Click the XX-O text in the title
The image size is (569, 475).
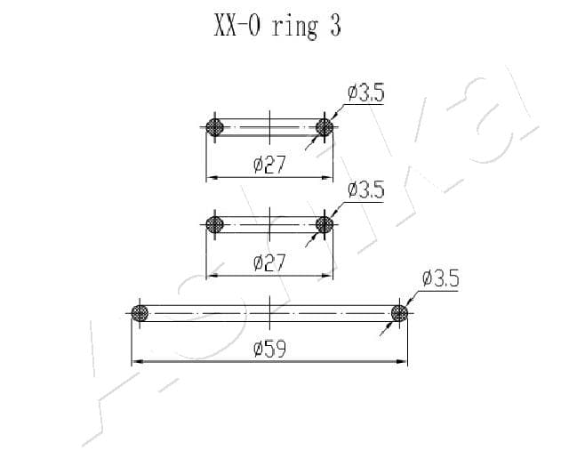[x=237, y=26]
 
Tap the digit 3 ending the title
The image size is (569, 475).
[x=335, y=26]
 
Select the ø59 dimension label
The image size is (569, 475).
[x=269, y=349]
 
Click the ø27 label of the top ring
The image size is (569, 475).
[x=269, y=165]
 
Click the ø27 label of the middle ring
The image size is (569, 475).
[x=269, y=262]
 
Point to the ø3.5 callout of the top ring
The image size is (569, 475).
[x=365, y=93]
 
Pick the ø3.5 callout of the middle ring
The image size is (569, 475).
[x=365, y=189]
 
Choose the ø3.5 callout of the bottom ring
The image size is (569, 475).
[x=441, y=278]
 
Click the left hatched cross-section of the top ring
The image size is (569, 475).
[x=214, y=127]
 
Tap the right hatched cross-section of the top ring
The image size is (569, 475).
[x=324, y=127]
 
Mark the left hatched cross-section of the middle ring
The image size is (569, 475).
[x=214, y=224]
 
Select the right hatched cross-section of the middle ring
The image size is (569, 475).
[x=324, y=224]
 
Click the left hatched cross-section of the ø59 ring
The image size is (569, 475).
[x=140, y=313]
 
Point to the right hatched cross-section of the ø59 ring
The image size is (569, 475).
[x=399, y=313]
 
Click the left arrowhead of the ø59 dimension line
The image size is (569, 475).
[x=136, y=361]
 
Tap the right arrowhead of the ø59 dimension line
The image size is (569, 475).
[x=402, y=361]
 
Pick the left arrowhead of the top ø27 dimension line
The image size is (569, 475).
[x=212, y=178]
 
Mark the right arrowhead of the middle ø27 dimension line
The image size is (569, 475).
[x=327, y=275]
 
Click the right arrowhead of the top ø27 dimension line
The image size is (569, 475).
[x=327, y=178]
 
